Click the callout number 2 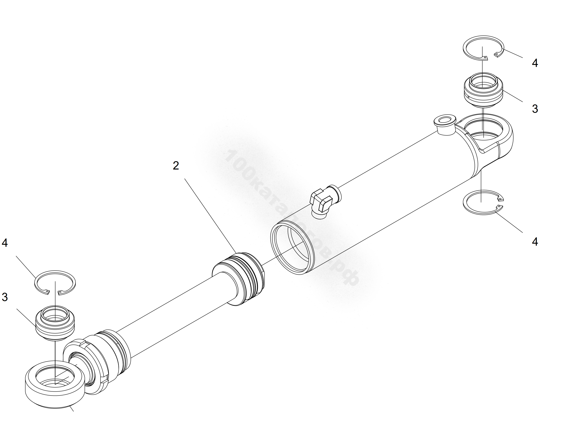[176, 165]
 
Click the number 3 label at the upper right [535, 109]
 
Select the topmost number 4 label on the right [535, 63]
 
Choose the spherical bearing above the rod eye [55, 323]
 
